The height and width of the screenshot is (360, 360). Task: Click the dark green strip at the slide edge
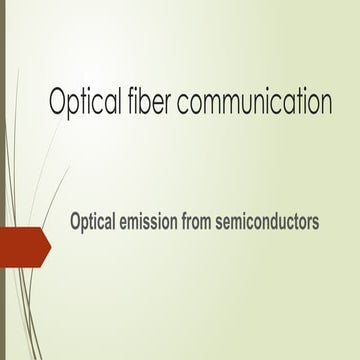tap(3, 180)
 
